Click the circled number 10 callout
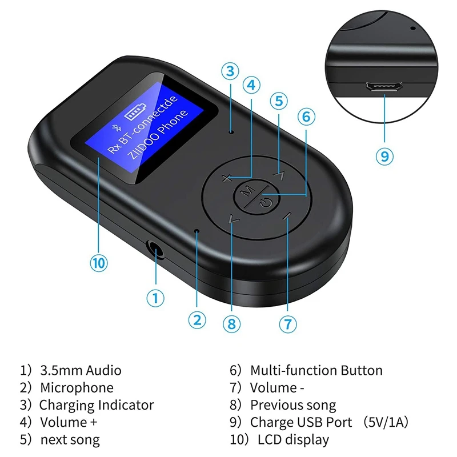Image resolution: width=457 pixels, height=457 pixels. click(x=99, y=263)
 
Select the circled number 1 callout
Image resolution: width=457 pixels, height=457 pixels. click(x=155, y=297)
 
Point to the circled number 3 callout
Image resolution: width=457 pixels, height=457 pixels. click(x=230, y=71)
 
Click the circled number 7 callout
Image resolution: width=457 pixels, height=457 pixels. click(x=288, y=324)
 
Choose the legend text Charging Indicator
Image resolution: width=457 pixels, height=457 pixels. click(x=97, y=405)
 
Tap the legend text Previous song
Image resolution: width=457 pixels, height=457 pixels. click(x=293, y=405)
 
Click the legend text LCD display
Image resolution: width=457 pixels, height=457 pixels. click(x=293, y=439)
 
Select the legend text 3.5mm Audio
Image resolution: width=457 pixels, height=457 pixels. click(x=81, y=370)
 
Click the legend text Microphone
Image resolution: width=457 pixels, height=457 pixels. click(x=77, y=388)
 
